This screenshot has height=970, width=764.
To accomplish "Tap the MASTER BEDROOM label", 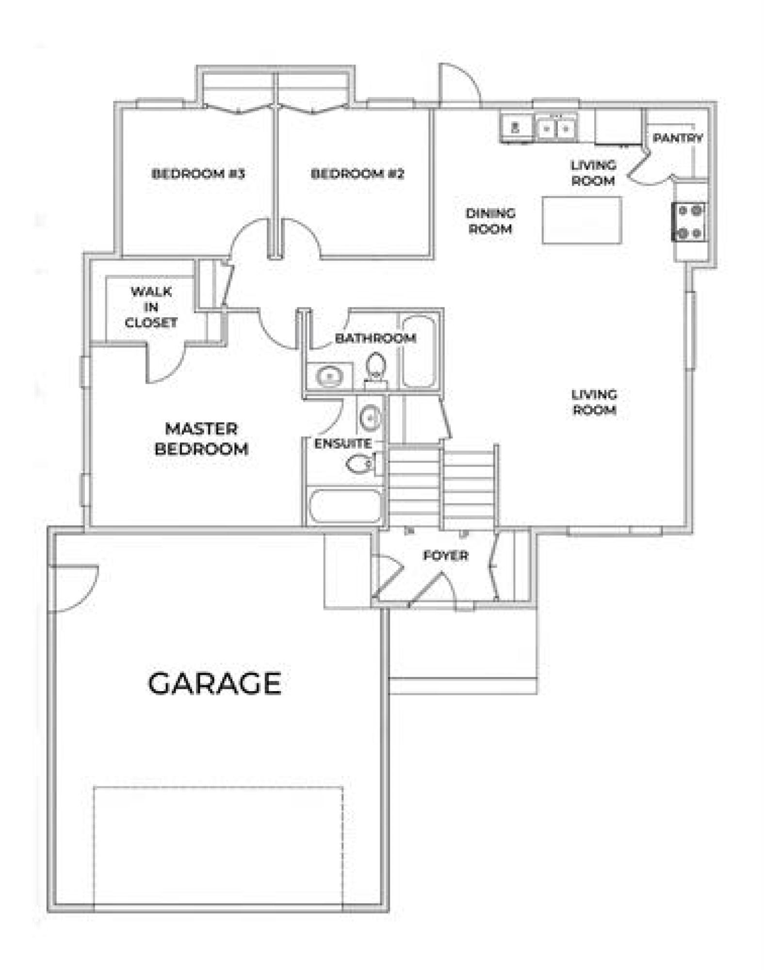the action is (x=201, y=439).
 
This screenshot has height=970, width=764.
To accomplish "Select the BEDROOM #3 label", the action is (x=198, y=174).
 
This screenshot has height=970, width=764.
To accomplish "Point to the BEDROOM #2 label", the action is (x=357, y=174).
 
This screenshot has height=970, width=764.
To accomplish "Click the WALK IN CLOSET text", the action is (x=151, y=307).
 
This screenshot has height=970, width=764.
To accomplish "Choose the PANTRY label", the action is (x=678, y=138).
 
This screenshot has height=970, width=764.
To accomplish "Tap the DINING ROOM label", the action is (x=490, y=221).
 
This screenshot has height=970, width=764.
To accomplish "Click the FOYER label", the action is (x=445, y=555).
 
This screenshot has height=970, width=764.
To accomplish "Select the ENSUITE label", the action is (x=343, y=443).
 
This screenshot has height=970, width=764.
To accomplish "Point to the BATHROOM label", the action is (x=375, y=338).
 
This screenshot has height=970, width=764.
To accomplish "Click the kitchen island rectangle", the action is (x=582, y=220).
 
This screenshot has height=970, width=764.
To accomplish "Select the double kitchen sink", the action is (x=556, y=128).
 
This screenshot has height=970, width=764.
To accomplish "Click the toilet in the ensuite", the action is (x=361, y=464).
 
